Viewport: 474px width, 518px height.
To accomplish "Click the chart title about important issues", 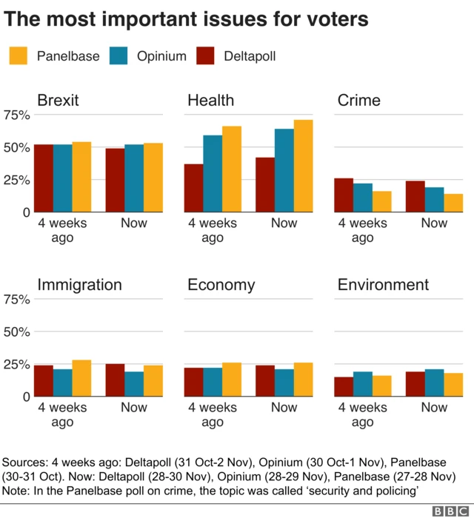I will pos(187,20).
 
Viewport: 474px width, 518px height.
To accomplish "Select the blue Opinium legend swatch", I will pos(119,55).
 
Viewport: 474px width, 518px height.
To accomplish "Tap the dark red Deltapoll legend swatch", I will pos(207,55).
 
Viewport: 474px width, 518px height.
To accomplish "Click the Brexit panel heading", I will pos(58,100).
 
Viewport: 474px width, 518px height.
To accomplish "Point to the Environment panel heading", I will pos(383,285).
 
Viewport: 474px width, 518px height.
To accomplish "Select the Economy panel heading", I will pos(221,285).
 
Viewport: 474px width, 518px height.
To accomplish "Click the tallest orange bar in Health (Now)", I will pos(303,166).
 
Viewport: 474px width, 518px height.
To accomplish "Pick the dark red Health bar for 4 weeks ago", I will pos(193,188).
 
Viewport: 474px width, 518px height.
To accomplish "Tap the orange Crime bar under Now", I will pos(453,203).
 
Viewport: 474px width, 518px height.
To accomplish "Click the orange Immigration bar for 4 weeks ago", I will pos(81,378).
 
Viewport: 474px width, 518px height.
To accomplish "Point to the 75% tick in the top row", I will pos(16,115).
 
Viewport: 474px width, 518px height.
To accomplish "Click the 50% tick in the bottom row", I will pos(16,332).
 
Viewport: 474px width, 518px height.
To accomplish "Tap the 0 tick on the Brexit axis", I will pos(26,212).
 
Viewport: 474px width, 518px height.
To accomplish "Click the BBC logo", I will pos(450,510).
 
